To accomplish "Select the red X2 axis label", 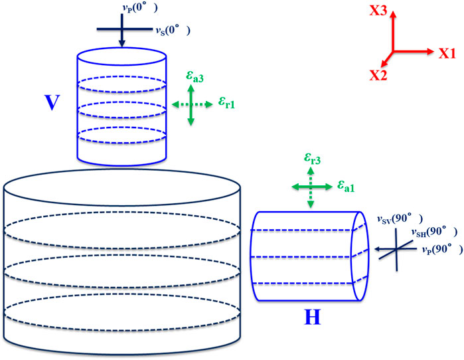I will [379, 74].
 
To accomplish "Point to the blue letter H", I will [313, 317].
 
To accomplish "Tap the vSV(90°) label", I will [396, 218].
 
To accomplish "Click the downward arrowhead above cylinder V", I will [121, 45].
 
